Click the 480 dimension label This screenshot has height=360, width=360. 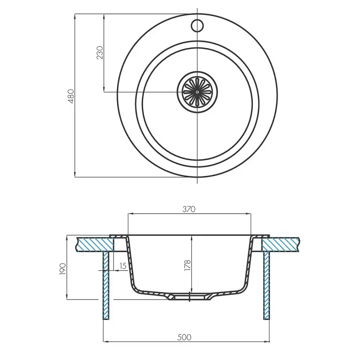(x=71, y=95)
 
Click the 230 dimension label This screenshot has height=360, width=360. (x=100, y=53)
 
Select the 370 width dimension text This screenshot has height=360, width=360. (x=189, y=209)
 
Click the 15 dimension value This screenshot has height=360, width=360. (x=122, y=266)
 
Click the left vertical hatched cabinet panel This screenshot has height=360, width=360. (x=107, y=286)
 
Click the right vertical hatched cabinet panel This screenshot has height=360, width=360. (x=266, y=286)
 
